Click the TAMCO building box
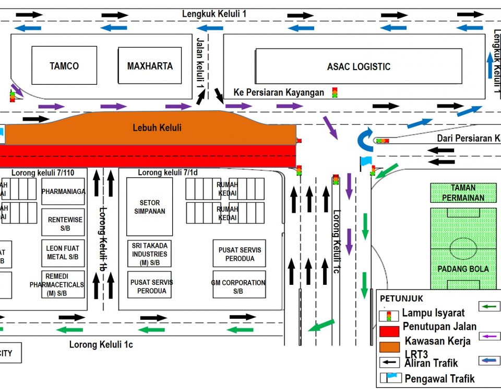click(x=64, y=65)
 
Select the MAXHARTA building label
click(x=150, y=66)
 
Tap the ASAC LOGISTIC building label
click(x=359, y=66)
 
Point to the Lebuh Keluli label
click(x=157, y=127)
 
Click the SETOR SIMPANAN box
click(x=149, y=207)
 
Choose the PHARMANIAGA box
click(x=63, y=192)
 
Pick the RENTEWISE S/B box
click(x=63, y=224)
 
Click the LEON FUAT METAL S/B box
click(x=63, y=252)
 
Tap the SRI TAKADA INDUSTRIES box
click(x=149, y=253)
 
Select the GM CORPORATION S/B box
click(x=238, y=286)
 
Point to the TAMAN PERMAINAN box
click(x=463, y=193)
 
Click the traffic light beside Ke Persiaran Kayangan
click(x=335, y=93)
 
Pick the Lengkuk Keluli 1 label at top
click(x=214, y=14)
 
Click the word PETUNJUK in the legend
click(x=401, y=298)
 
